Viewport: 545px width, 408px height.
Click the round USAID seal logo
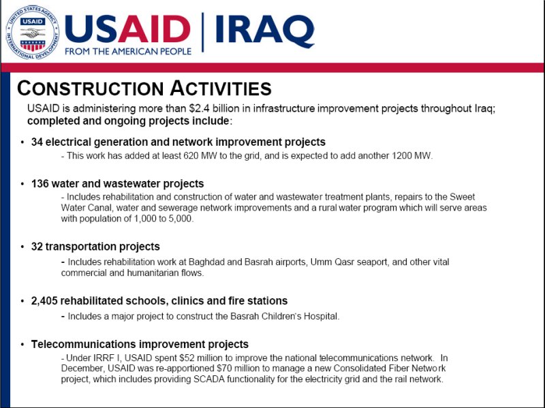32,33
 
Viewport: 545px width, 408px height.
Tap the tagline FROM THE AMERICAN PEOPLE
128,52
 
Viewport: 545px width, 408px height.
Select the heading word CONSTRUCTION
91,88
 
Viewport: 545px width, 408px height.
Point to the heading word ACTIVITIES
221,88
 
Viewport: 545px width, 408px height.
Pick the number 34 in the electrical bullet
37,142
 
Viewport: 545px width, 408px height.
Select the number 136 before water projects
40,183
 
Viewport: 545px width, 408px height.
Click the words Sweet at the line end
463,197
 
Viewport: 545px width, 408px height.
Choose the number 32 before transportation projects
37,247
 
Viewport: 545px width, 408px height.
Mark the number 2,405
44,300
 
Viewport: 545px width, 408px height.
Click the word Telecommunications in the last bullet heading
83,344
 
